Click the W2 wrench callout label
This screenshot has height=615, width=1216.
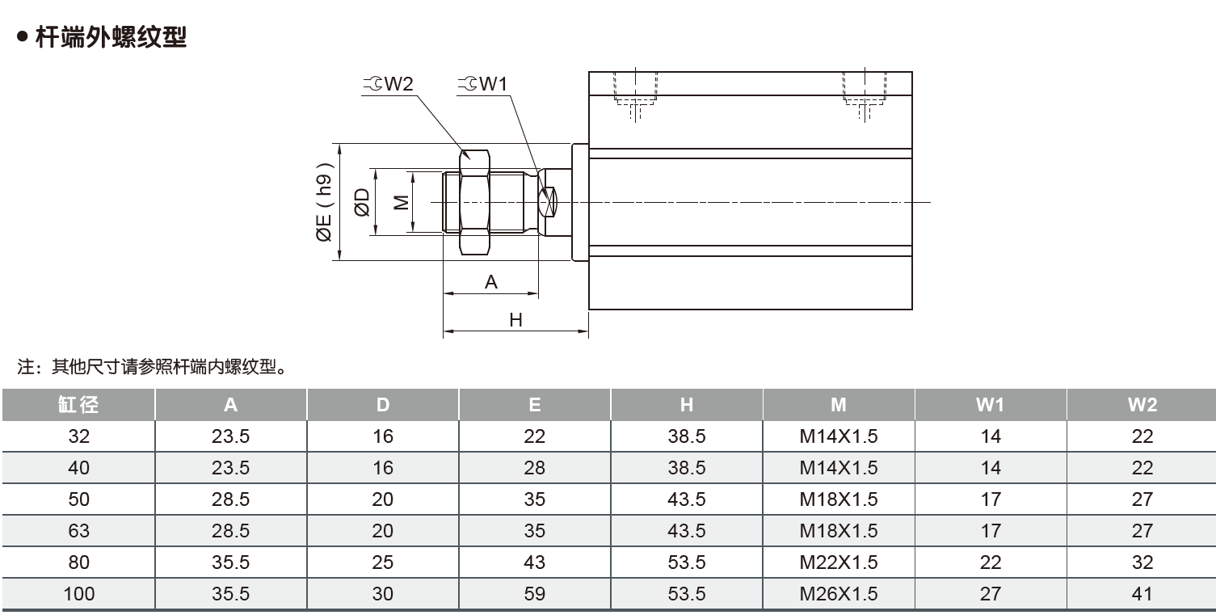(388, 83)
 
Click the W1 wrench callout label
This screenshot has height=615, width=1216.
(482, 83)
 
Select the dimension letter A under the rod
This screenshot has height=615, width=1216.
(490, 282)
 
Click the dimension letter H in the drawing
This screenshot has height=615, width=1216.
(515, 320)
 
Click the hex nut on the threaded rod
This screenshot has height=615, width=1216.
(474, 202)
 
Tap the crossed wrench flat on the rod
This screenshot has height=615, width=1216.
(548, 202)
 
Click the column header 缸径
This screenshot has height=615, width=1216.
(78, 404)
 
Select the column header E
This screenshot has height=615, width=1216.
(535, 404)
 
